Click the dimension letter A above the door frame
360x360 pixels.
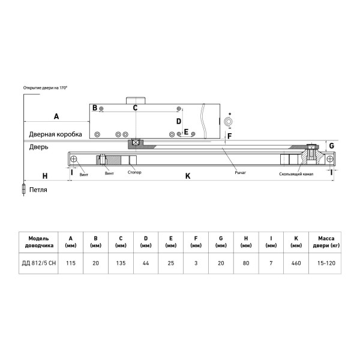coord(56,115)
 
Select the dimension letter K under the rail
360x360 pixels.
coord(187,176)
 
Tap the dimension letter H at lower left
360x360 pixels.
coord(44,176)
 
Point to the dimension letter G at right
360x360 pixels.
coord(330,146)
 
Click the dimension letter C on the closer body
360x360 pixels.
coord(136,108)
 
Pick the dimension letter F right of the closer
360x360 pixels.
coord(229,136)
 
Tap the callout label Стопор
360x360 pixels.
coord(135,173)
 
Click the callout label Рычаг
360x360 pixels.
coord(241,173)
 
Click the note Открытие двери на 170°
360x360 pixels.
coord(45,88)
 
